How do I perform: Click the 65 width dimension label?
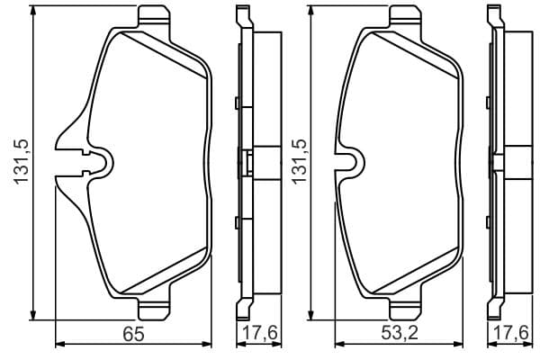(x=133, y=334)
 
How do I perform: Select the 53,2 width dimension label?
(x=399, y=333)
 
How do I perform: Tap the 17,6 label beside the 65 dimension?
(x=260, y=333)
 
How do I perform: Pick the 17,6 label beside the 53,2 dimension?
(x=510, y=333)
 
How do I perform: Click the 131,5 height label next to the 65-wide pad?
(x=21, y=162)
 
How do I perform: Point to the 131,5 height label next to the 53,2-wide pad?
(x=299, y=162)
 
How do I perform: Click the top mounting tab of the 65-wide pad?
(x=154, y=16)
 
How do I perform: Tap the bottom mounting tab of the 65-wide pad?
(x=154, y=309)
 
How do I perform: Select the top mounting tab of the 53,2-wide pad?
(x=405, y=16)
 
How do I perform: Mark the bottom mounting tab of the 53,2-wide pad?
(x=405, y=309)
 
